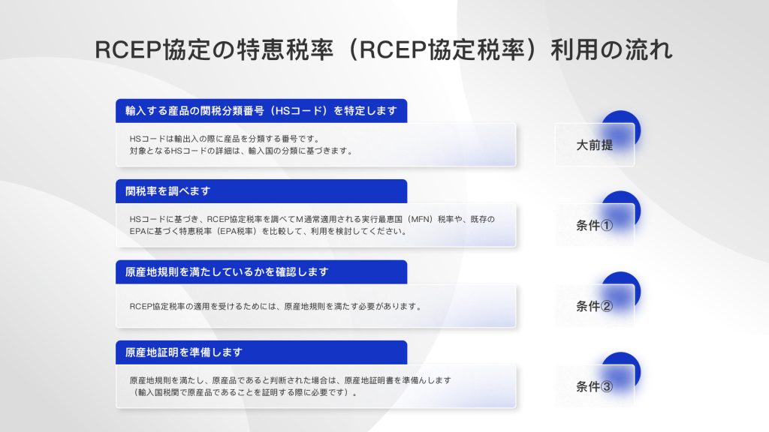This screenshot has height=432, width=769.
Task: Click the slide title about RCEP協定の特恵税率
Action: [384, 49]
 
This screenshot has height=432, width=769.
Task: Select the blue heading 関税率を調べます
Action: [167, 191]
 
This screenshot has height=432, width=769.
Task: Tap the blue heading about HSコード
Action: [261, 111]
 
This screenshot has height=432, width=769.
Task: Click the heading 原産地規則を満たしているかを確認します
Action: [227, 271]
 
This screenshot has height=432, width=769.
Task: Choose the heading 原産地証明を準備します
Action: [184, 352]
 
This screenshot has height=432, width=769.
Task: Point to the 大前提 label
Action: [595, 145]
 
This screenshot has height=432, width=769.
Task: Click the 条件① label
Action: [595, 225]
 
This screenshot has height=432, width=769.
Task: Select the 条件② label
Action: [595, 306]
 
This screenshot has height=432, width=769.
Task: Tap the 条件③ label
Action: [595, 386]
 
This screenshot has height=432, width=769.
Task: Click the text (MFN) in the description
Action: [421, 220]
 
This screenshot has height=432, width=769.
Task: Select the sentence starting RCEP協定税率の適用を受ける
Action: [276, 307]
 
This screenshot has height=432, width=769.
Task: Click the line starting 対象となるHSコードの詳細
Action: [241, 151]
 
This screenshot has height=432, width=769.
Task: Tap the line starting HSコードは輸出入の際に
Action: [225, 139]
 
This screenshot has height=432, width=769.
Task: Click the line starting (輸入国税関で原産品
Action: [243, 392]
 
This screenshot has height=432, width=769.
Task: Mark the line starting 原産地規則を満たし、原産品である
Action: [291, 380]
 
